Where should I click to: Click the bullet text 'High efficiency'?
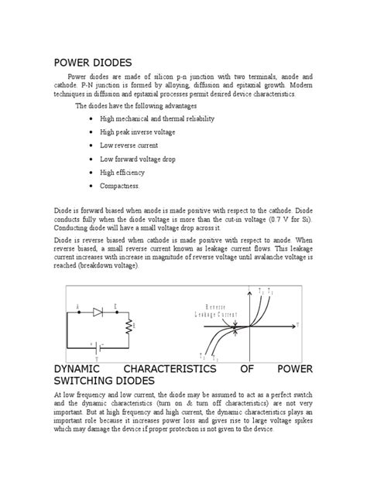(128, 173)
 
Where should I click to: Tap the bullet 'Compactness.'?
(122, 186)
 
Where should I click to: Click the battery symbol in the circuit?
(97, 346)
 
